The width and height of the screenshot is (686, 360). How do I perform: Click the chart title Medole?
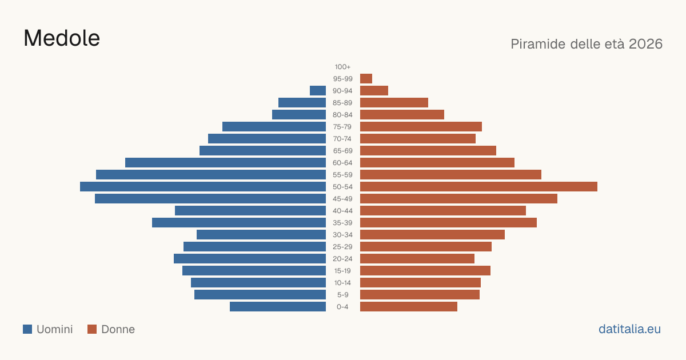tap(62, 38)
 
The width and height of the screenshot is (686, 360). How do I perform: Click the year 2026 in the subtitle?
tap(645, 44)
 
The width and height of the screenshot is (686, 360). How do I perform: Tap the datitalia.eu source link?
tap(629, 329)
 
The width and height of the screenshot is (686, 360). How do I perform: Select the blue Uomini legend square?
tap(27, 329)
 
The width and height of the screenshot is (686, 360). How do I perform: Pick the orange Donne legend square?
tap(92, 329)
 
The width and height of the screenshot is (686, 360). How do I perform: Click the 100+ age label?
tap(342, 67)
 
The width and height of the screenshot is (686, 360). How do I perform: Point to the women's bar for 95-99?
tap(366, 79)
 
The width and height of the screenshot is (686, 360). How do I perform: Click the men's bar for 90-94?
tap(318, 91)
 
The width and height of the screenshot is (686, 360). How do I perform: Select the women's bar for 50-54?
tap(478, 187)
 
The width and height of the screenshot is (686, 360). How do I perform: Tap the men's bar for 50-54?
tap(203, 187)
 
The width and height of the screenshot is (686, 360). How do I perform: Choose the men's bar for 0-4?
tap(278, 307)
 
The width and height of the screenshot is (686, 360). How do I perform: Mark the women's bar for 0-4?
tap(409, 307)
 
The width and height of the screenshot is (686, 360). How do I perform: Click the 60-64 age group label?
tap(342, 163)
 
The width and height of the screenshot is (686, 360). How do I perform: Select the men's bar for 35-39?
tap(239, 222)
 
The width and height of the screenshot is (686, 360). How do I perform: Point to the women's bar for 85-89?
tap(394, 102)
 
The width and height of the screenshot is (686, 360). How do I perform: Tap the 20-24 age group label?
tap(342, 259)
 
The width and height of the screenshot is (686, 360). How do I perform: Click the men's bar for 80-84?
tap(299, 114)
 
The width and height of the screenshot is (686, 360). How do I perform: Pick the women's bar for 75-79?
tap(421, 127)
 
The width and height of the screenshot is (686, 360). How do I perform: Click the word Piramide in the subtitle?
tap(538, 44)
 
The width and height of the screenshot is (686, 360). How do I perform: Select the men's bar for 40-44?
tap(250, 211)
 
